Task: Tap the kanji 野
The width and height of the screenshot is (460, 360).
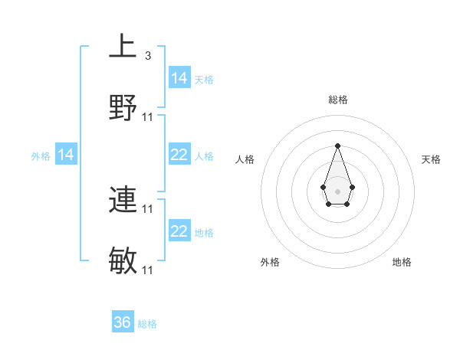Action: click(123, 108)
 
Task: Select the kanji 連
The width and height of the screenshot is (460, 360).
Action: click(123, 200)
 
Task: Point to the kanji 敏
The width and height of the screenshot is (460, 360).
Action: click(123, 261)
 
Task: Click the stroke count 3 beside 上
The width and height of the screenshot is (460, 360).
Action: click(147, 56)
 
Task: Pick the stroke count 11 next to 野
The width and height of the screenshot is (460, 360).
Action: click(148, 117)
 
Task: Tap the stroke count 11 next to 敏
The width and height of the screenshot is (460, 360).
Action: click(148, 270)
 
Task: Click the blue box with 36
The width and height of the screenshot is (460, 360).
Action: click(123, 322)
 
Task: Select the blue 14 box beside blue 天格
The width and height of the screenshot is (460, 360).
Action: click(179, 78)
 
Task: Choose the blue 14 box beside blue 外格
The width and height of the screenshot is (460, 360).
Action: click(67, 155)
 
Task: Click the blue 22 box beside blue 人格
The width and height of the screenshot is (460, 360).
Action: click(179, 155)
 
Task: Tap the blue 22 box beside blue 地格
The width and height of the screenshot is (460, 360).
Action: click(179, 231)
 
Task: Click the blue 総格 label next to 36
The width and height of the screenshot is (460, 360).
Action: click(147, 324)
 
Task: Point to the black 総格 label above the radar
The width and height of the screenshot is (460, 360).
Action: click(337, 100)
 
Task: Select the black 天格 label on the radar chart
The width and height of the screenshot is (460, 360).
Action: click(431, 159)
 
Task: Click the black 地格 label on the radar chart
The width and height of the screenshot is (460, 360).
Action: click(402, 262)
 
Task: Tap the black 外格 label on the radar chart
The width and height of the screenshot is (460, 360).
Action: click(270, 262)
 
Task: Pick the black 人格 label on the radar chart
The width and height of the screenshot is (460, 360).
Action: click(245, 159)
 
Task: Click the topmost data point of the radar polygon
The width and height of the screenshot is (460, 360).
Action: click(337, 146)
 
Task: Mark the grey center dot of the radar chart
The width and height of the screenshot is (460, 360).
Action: click(337, 190)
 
